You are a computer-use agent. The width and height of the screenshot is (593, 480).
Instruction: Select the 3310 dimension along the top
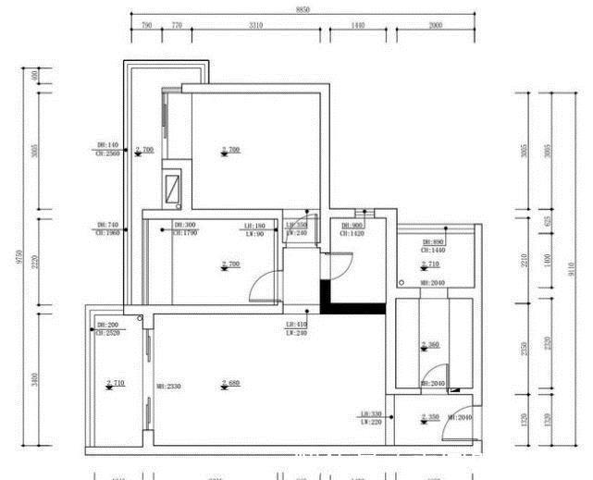[x=256, y=27]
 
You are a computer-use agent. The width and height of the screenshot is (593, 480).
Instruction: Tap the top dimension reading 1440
[x=359, y=27]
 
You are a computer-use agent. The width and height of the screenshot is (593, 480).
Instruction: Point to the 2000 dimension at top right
[x=435, y=27]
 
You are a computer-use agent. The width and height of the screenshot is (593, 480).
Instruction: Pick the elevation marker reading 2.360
[x=430, y=346]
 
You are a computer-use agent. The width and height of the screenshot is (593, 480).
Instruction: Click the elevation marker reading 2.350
[x=430, y=418]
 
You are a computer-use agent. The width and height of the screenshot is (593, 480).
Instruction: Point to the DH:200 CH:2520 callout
[x=108, y=329]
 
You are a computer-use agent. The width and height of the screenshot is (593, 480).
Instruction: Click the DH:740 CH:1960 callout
[x=108, y=228]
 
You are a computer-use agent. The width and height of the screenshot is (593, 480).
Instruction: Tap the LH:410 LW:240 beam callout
[x=297, y=328]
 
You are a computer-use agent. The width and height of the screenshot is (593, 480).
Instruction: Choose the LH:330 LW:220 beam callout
[x=371, y=418]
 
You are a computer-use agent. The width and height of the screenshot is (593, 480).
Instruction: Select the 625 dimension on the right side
[x=548, y=221]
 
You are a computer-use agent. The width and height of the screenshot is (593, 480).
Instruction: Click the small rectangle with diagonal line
[x=173, y=189]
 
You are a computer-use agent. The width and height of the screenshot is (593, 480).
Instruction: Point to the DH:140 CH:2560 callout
[x=108, y=150]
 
